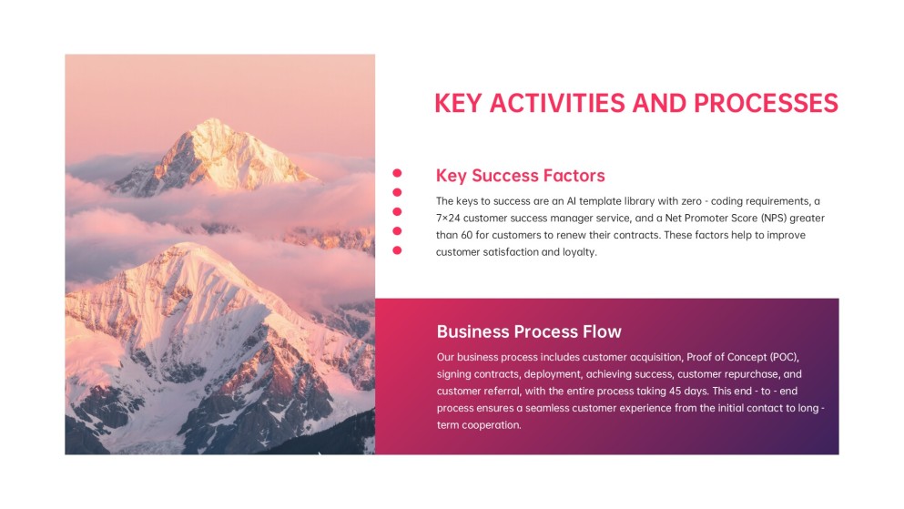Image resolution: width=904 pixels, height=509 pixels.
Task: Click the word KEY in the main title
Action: pos(458,104)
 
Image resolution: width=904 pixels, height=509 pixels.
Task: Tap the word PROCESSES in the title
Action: pos(766,104)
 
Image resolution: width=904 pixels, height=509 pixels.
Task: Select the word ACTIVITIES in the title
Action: pos(557,104)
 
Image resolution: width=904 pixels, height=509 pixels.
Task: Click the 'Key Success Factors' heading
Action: pos(520,175)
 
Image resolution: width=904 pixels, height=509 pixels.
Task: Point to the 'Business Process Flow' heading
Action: pos(529,331)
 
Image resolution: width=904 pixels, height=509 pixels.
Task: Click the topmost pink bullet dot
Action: pos(397,173)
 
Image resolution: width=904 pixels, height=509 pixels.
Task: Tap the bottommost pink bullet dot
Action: pos(397,250)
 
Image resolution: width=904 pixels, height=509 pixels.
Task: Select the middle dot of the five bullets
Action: pos(397,211)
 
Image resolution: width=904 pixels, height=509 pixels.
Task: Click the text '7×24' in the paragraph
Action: pos(448,218)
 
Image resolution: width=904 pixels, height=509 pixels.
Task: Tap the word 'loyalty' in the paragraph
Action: pos(579,252)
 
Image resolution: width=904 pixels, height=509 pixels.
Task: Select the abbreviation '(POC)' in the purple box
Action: pos(784,357)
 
